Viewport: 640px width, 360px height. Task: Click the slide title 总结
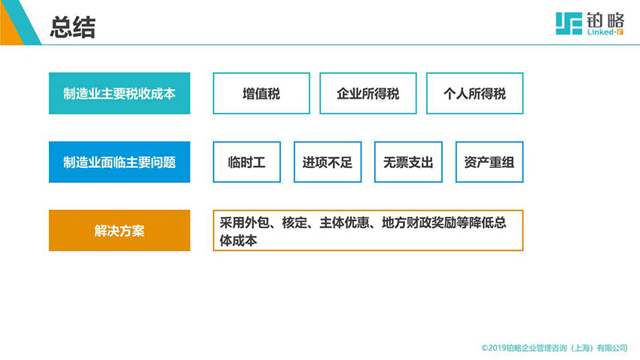[x=72, y=28]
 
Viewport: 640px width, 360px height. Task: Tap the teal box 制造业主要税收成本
[x=120, y=93]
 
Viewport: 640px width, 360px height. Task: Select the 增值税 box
[x=261, y=93]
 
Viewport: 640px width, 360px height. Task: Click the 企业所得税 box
[x=367, y=93]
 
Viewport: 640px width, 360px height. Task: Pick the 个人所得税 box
[x=474, y=93]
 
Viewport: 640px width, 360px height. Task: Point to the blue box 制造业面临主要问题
[x=120, y=162]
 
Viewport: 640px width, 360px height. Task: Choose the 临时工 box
[x=246, y=162]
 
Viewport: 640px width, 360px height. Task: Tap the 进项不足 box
[x=328, y=162]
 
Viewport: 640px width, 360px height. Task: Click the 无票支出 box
[x=408, y=162]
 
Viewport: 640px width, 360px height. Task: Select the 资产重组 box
[x=489, y=162]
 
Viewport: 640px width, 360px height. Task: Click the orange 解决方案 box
[x=120, y=230]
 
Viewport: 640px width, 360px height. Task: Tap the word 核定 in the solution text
[x=294, y=222]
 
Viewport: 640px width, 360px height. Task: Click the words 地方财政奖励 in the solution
[x=419, y=222]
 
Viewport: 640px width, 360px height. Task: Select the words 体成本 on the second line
[x=239, y=240]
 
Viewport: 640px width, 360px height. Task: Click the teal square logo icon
[x=568, y=23]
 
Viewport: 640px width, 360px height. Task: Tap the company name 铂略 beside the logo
[x=605, y=20]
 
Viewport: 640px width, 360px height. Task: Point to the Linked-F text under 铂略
[x=605, y=32]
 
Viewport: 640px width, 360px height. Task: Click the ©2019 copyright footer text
[x=554, y=348]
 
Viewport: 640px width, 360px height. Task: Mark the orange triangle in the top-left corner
[x=9, y=31]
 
